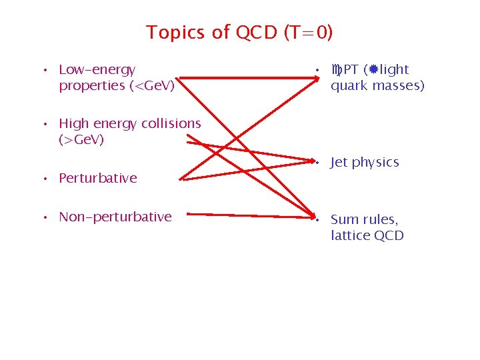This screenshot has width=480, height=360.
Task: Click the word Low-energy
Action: coord(97,69)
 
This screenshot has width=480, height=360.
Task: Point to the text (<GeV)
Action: coord(152,86)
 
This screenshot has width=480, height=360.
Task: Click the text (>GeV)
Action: coord(81,140)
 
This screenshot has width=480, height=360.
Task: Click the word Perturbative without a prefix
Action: coord(98,178)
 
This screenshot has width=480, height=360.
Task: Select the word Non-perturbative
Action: coord(115,217)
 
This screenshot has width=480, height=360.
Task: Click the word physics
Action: coord(375,163)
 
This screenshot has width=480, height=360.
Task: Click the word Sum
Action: coord(344,219)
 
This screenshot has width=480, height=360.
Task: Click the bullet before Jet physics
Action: coord(319,163)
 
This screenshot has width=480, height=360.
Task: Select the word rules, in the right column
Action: coord(380,220)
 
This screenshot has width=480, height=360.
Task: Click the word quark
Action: coord(349,86)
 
